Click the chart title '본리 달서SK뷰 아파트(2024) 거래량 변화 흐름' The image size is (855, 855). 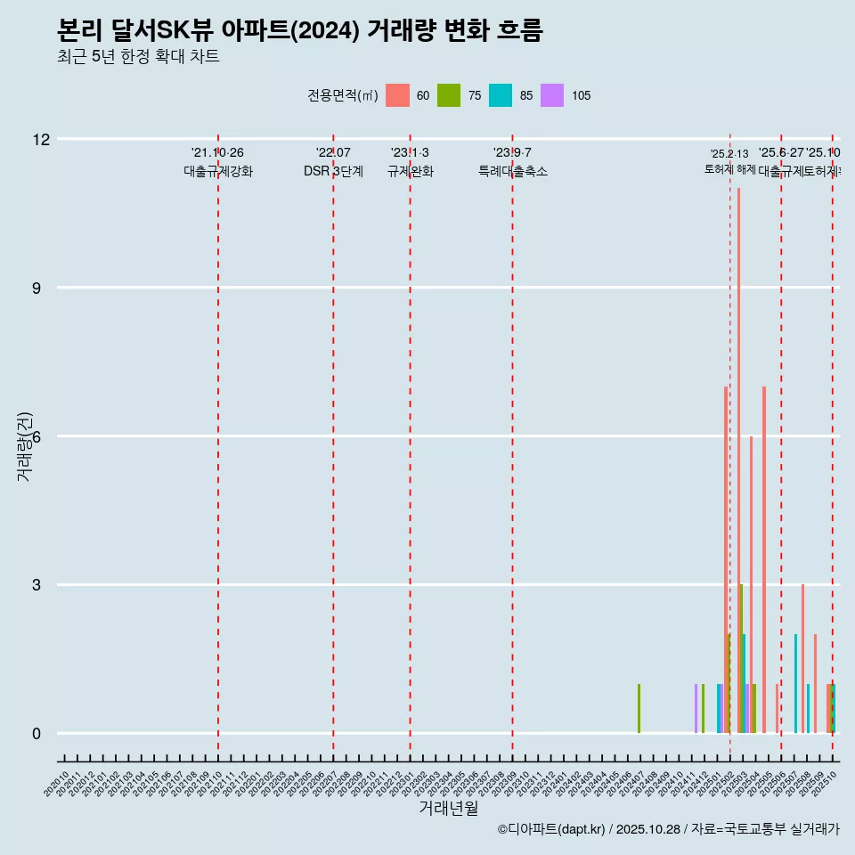(x=299, y=30)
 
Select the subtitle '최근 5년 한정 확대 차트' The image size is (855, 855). (x=137, y=57)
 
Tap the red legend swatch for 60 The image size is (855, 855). (x=397, y=95)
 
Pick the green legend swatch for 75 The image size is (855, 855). (x=449, y=95)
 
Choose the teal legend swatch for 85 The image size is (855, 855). (x=501, y=95)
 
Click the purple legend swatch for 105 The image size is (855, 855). (x=552, y=95)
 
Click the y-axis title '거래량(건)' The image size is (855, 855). (x=24, y=446)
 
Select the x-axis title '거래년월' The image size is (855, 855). (x=448, y=809)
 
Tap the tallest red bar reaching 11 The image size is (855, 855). (x=738, y=460)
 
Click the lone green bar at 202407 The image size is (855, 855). (x=639, y=709)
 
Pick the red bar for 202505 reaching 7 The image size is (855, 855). (x=763, y=559)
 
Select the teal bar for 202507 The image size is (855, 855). (x=795, y=684)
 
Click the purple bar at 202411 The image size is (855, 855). (x=696, y=709)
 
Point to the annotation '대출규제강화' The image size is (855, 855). (x=218, y=172)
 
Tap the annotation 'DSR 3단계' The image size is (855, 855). (x=333, y=172)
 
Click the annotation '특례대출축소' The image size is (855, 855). (x=512, y=172)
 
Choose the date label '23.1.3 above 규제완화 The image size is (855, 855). (x=410, y=153)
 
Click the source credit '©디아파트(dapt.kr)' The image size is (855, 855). (x=551, y=829)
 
